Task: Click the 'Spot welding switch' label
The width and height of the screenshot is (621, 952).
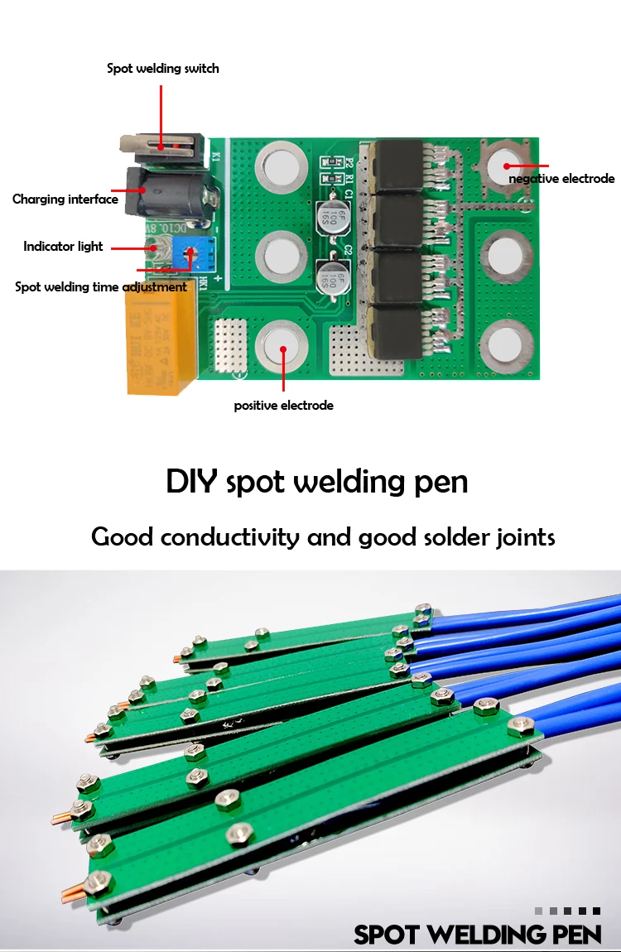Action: point(163,69)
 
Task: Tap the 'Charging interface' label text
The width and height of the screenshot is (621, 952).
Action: point(65,199)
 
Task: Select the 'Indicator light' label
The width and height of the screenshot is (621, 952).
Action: point(63,246)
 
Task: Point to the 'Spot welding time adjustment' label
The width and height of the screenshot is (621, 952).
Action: point(101,287)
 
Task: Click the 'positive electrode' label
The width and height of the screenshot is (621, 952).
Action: point(283,406)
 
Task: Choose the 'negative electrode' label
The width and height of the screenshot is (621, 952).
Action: point(561,179)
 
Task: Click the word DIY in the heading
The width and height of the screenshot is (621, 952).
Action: point(193,481)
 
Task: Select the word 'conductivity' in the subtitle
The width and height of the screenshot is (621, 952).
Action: point(229,536)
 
